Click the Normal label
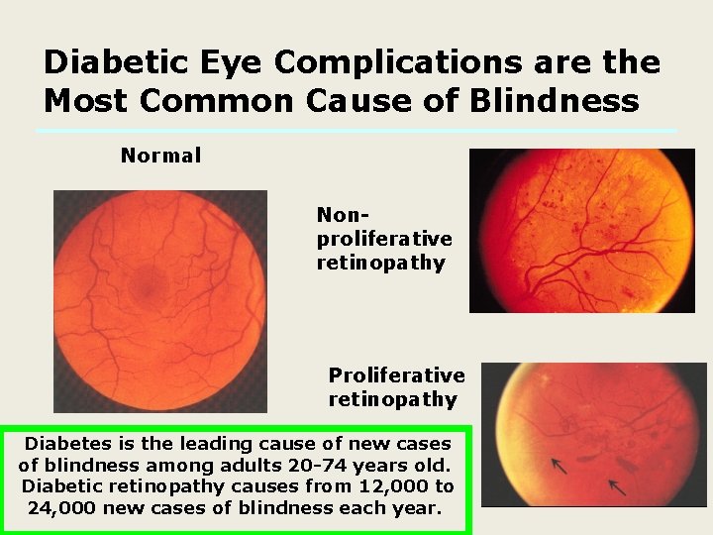point(160,156)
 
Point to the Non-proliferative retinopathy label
point(384,239)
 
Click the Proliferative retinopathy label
point(396,387)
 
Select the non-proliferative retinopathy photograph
point(581,230)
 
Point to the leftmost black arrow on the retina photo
point(560,464)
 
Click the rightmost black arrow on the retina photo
point(617,487)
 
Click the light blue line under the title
point(356,131)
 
